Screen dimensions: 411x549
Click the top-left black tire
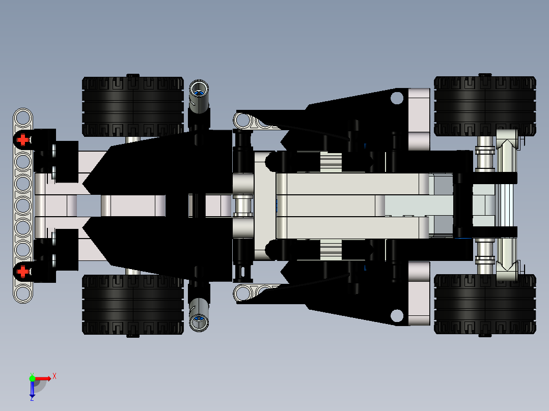(x=132, y=107)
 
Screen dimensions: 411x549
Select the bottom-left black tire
(x=132, y=305)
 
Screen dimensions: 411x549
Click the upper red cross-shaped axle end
(x=22, y=139)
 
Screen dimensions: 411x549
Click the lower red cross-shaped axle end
(x=22, y=272)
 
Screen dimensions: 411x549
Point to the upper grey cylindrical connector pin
(x=199, y=95)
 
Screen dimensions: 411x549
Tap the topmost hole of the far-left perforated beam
(x=22, y=118)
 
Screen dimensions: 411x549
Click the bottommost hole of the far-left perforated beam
(x=22, y=293)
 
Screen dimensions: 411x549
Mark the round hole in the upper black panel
(x=396, y=98)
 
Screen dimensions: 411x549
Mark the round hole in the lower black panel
(x=396, y=316)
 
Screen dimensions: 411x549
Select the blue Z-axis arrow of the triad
(x=32, y=390)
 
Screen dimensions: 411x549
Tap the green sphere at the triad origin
(x=32, y=378)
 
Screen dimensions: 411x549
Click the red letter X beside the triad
(x=54, y=376)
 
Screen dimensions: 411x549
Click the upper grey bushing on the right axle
(x=485, y=151)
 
